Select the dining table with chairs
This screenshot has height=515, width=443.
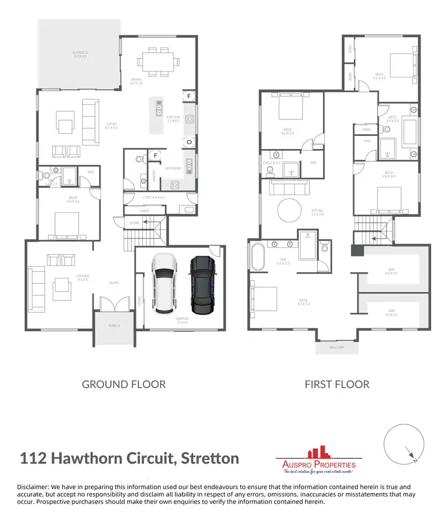point(157,60)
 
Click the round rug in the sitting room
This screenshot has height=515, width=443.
point(291,210)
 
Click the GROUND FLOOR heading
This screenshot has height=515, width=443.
point(123,384)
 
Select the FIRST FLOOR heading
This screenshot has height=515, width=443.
point(337,384)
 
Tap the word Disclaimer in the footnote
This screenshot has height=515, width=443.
point(33,487)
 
